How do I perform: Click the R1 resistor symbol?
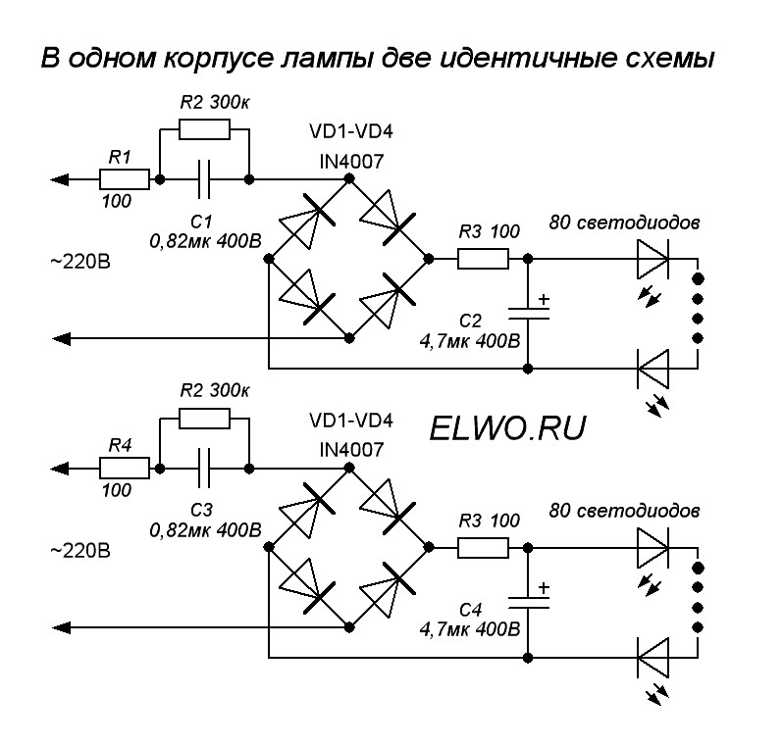click(124, 178)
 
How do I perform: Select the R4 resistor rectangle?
click(124, 467)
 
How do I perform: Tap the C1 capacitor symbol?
click(204, 179)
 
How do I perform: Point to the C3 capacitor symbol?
click(204, 467)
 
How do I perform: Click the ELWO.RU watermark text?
click(506, 426)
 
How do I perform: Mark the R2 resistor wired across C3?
click(205, 420)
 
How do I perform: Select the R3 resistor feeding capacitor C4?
click(482, 547)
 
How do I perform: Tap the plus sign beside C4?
click(545, 588)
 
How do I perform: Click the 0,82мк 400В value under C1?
click(205, 238)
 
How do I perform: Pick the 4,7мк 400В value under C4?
click(469, 627)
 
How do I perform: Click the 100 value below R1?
click(118, 200)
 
